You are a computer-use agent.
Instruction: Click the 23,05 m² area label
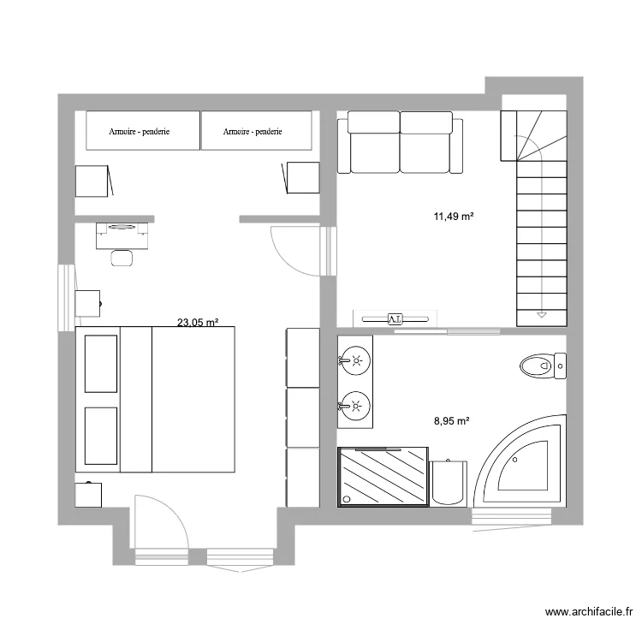(x=198, y=323)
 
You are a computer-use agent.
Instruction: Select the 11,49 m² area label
(x=454, y=217)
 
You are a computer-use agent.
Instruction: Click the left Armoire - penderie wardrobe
(x=143, y=131)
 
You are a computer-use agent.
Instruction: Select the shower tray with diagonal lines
(x=383, y=477)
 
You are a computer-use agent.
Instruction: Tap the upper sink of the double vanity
(x=354, y=360)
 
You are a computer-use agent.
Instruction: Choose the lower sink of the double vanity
(x=354, y=402)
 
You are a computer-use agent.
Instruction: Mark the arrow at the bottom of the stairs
(x=541, y=315)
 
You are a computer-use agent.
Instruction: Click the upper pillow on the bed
(x=100, y=363)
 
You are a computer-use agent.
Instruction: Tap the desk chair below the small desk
(x=122, y=257)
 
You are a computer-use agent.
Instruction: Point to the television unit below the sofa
(x=395, y=318)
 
